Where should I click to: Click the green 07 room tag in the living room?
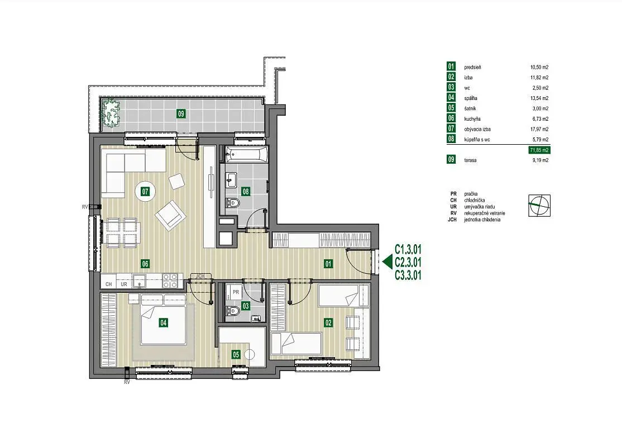pos(145,192)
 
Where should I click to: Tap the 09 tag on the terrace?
pos(181,114)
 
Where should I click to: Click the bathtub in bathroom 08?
pos(246,154)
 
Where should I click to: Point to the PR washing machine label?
pos(236,292)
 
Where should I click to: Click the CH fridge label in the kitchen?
pos(109,284)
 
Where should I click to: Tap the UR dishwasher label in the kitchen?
pos(124,284)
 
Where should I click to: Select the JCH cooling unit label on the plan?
pos(200,276)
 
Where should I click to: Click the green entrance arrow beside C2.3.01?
pos(387,262)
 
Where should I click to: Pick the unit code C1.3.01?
pos(408,249)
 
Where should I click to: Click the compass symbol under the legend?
pos(539,205)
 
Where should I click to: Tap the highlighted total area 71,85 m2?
pos(539,150)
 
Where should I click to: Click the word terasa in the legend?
pos(470,160)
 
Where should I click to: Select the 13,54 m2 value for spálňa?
pos(539,98)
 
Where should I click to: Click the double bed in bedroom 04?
pos(164,319)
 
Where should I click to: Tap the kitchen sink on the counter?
pos(139,281)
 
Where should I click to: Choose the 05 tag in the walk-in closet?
pos(236,354)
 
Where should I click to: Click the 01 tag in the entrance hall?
pos(328,264)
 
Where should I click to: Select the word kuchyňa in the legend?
pos(472,118)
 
